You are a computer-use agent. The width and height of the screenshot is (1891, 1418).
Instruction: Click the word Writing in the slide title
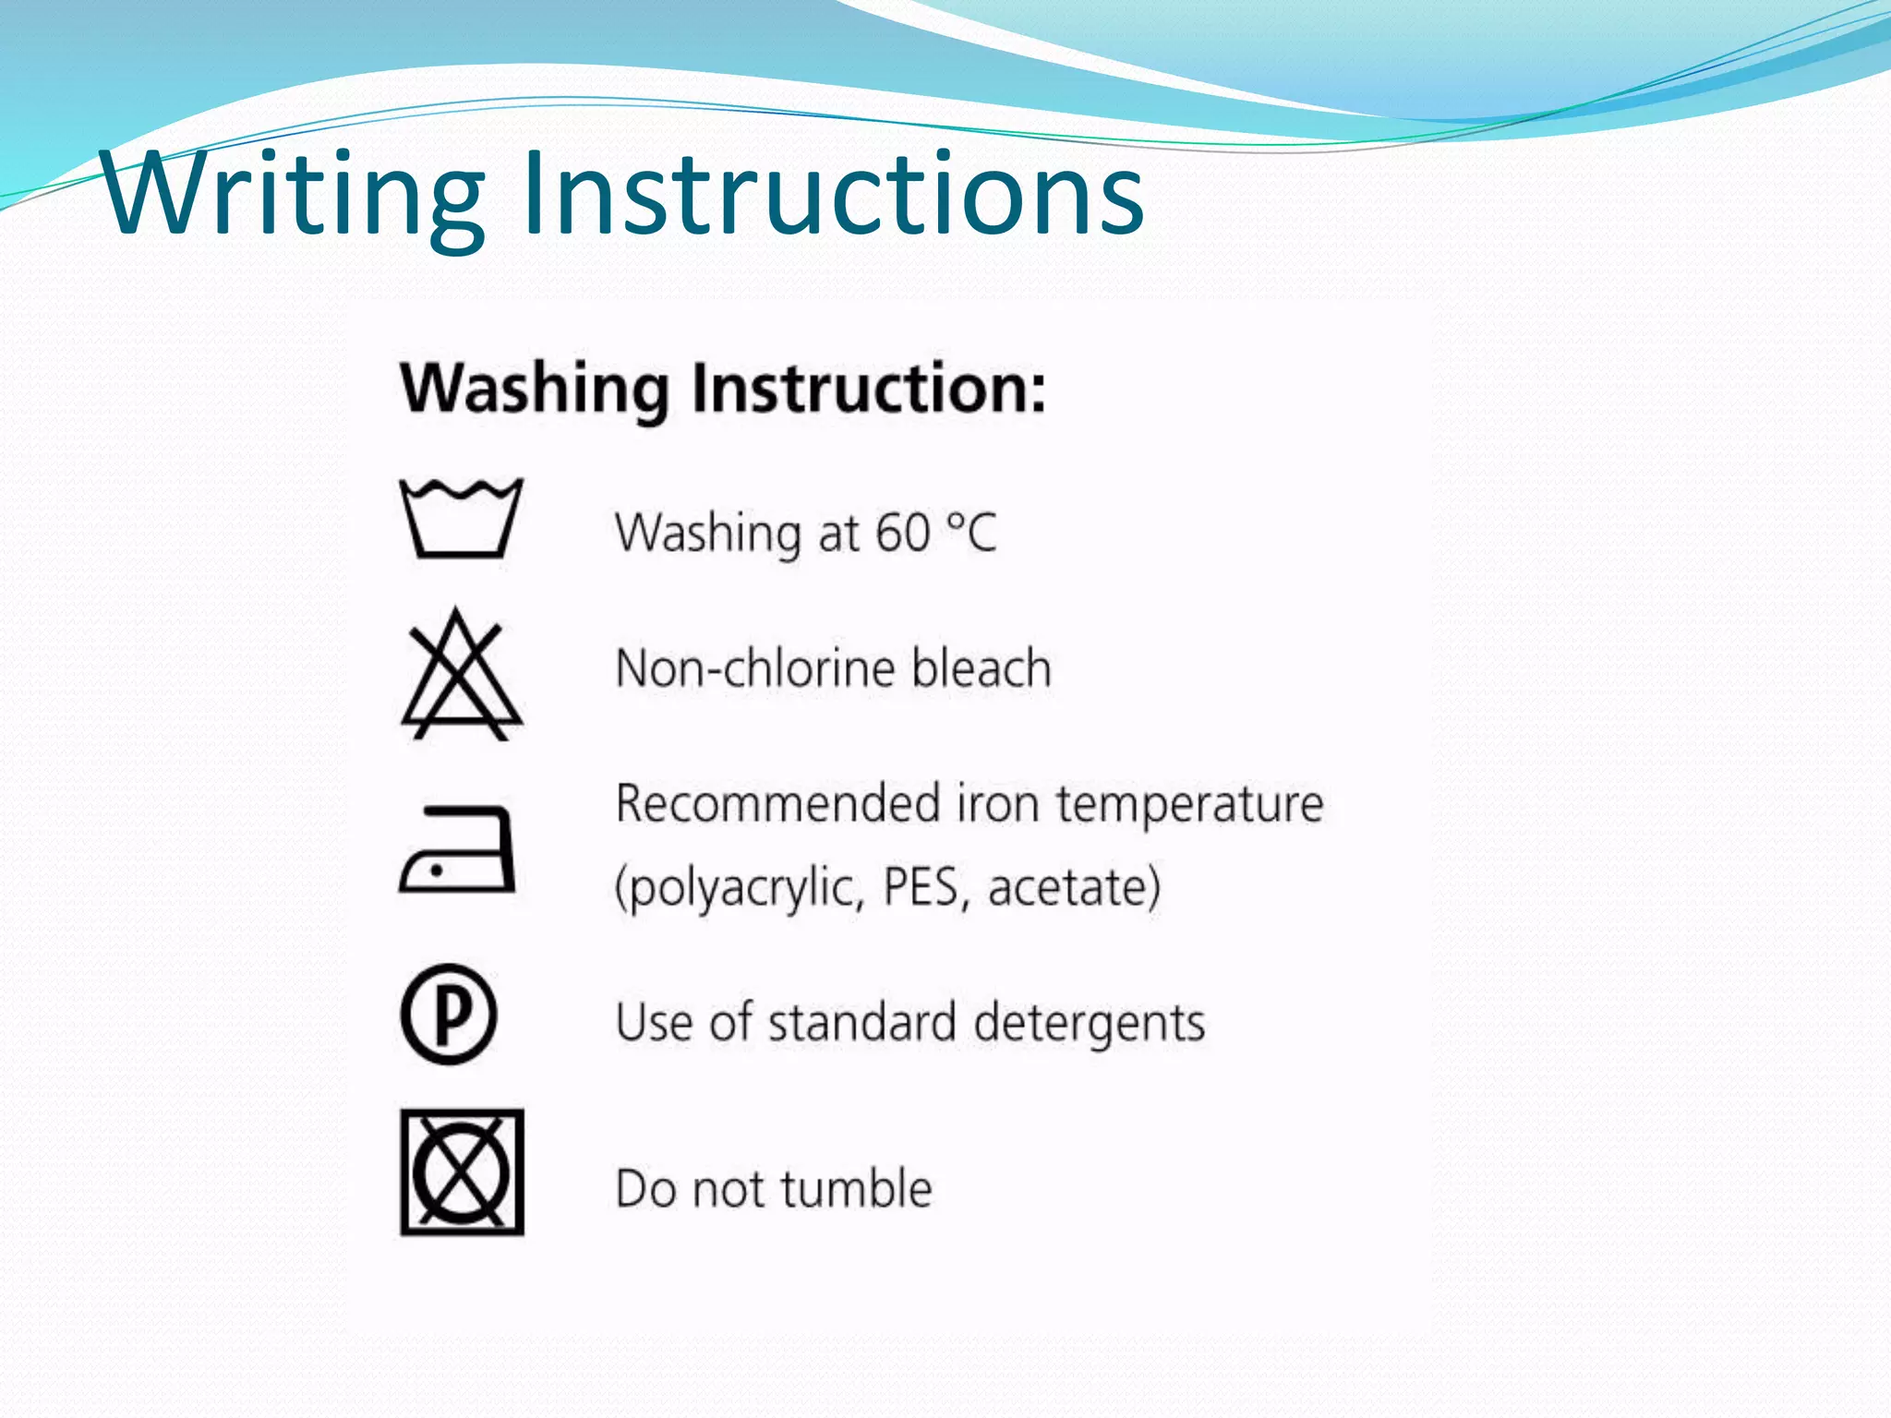point(294,196)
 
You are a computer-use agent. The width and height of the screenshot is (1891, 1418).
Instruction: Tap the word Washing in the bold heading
point(535,389)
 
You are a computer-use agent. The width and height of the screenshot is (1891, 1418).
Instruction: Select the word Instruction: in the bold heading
point(869,389)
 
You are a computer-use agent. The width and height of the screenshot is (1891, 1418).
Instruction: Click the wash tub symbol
point(461,519)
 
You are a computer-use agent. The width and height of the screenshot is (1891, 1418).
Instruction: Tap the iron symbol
point(458,849)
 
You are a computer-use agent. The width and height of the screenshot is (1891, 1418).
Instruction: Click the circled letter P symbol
point(449,1014)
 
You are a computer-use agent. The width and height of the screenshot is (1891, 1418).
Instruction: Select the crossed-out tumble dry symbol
point(462,1172)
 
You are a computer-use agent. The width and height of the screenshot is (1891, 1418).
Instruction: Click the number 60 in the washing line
point(902,534)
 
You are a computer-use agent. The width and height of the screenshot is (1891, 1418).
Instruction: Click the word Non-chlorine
point(755,667)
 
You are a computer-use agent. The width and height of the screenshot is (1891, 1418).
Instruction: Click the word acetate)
point(1074,887)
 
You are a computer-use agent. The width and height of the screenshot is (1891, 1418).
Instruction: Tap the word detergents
point(1090,1023)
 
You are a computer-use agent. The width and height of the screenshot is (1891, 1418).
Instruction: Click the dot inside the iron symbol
point(437,870)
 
